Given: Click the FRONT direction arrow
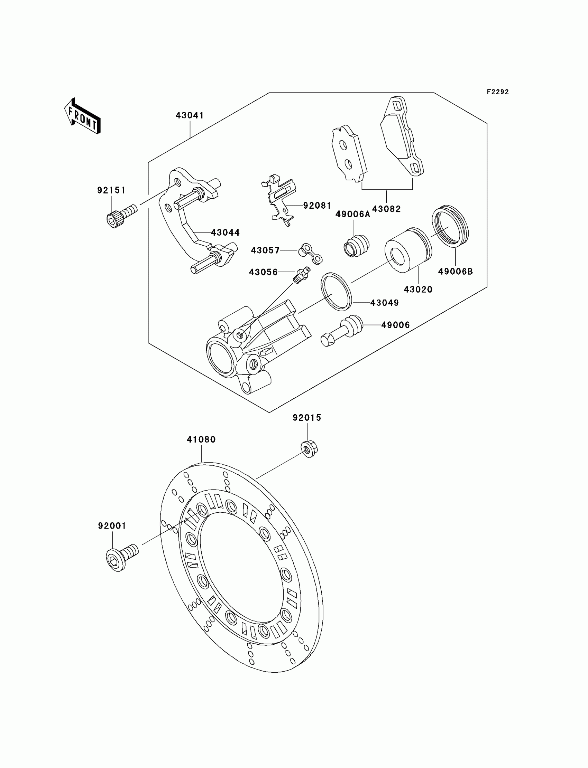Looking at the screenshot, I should tap(83, 117).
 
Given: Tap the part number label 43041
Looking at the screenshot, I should tap(190, 115).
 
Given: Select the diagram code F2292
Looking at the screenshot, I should tap(498, 92).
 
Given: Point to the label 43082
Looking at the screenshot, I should tap(386, 209).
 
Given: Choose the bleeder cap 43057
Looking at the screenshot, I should tap(310, 254).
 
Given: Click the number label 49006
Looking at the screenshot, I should tap(395, 325).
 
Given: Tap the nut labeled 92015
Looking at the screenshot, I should tap(309, 449).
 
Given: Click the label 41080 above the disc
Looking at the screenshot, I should tap(201, 439).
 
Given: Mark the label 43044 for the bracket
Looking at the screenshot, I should tap(225, 233).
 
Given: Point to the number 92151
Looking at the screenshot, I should tap(111, 190).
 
